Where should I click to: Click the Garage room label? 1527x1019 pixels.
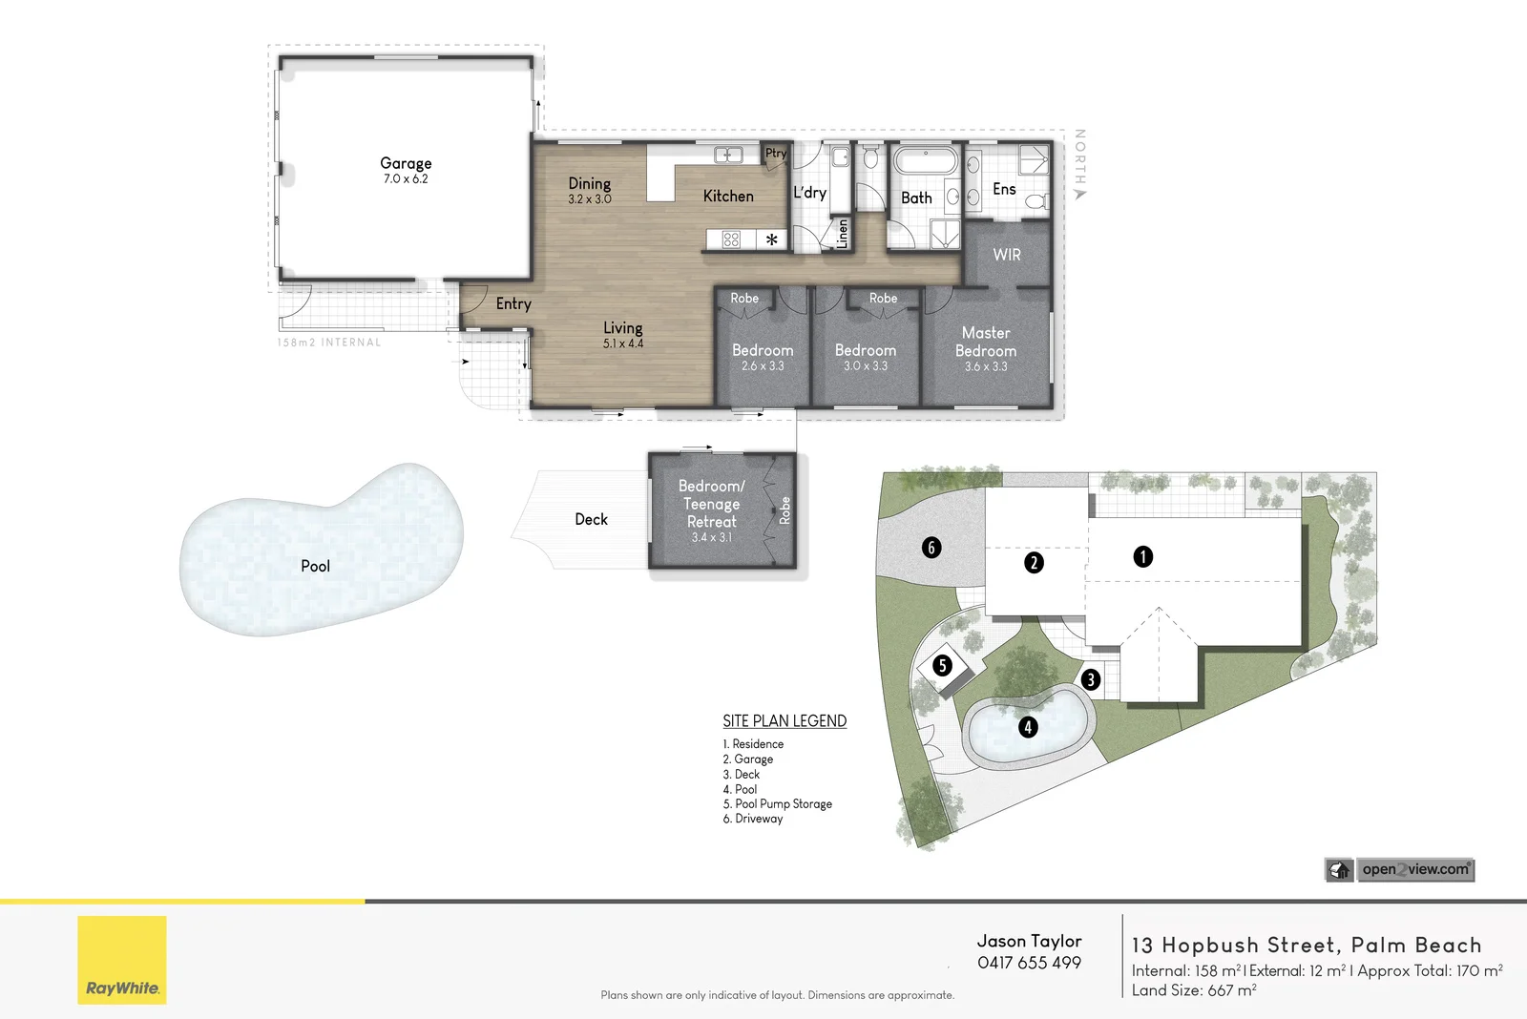pyautogui.click(x=406, y=163)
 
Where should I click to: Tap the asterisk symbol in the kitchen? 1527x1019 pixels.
pyautogui.click(x=771, y=239)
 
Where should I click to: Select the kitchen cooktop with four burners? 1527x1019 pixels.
pyautogui.click(x=731, y=239)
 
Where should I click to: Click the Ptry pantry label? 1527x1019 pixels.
pyautogui.click(x=776, y=153)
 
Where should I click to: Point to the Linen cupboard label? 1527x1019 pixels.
pyautogui.click(x=842, y=233)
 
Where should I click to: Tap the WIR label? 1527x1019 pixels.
pyautogui.click(x=1007, y=255)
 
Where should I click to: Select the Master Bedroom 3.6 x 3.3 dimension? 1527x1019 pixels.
pyautogui.click(x=986, y=367)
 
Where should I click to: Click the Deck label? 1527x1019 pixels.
pyautogui.click(x=591, y=519)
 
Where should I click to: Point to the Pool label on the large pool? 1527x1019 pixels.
pyautogui.click(x=315, y=566)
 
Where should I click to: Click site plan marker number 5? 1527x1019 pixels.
pyautogui.click(x=942, y=665)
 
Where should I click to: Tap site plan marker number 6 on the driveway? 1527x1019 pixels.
pyautogui.click(x=931, y=547)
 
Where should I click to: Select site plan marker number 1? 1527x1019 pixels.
pyautogui.click(x=1142, y=556)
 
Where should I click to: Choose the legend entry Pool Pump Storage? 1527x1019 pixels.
pyautogui.click(x=778, y=803)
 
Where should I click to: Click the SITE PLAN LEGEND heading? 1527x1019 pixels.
pyautogui.click(x=784, y=720)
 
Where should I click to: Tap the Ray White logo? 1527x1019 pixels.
pyautogui.click(x=122, y=960)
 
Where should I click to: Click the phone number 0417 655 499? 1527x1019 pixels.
pyautogui.click(x=1029, y=963)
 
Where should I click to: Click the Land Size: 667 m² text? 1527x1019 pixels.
pyautogui.click(x=1193, y=990)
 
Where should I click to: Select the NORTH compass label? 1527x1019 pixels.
pyautogui.click(x=1080, y=158)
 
